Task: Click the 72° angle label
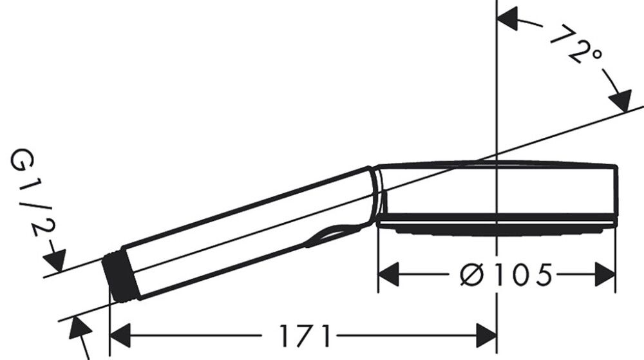(x=576, y=45)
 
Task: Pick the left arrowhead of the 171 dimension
(x=121, y=336)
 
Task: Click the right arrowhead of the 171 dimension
(x=486, y=336)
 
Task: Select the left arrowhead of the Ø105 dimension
(x=388, y=275)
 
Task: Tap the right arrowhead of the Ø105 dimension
(x=605, y=275)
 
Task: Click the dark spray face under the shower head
(x=496, y=227)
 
